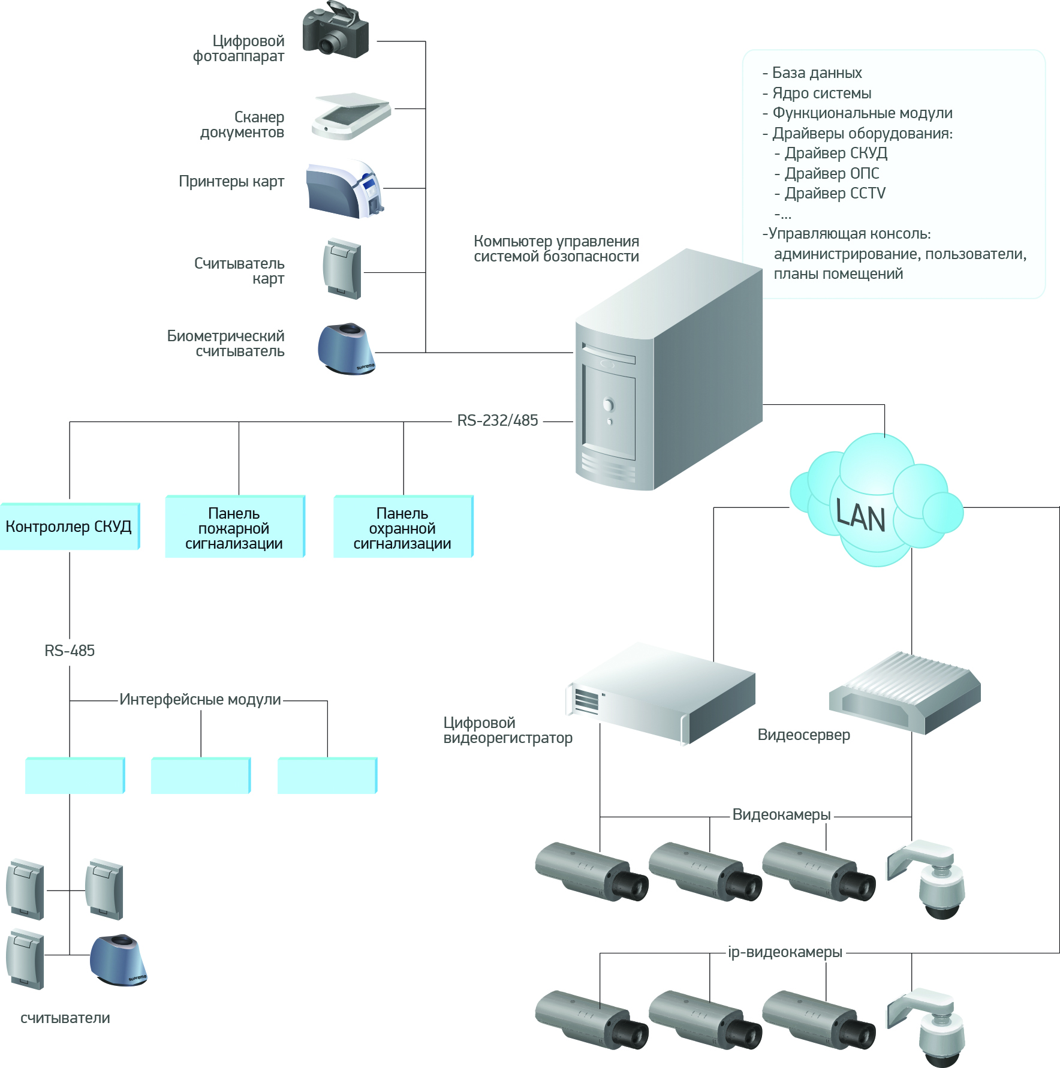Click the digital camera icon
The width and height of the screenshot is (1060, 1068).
[335, 31]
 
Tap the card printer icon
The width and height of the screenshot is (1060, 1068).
[345, 189]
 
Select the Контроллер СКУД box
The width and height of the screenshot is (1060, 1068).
[70, 527]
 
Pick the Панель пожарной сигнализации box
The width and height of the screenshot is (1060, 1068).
[234, 528]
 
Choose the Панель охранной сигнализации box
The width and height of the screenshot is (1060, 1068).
[403, 528]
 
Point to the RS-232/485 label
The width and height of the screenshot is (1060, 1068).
[498, 421]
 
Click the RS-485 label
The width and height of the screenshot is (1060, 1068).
[70, 651]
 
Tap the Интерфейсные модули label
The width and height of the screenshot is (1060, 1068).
[200, 699]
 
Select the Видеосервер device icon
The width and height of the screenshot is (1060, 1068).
[904, 693]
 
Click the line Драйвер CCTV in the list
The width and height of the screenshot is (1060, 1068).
[835, 194]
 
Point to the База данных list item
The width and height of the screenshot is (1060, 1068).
[817, 73]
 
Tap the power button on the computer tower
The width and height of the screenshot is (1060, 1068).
[609, 405]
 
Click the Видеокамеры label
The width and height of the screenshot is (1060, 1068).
[782, 814]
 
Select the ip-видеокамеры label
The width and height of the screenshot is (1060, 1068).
[785, 952]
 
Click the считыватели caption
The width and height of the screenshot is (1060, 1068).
[65, 1018]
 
